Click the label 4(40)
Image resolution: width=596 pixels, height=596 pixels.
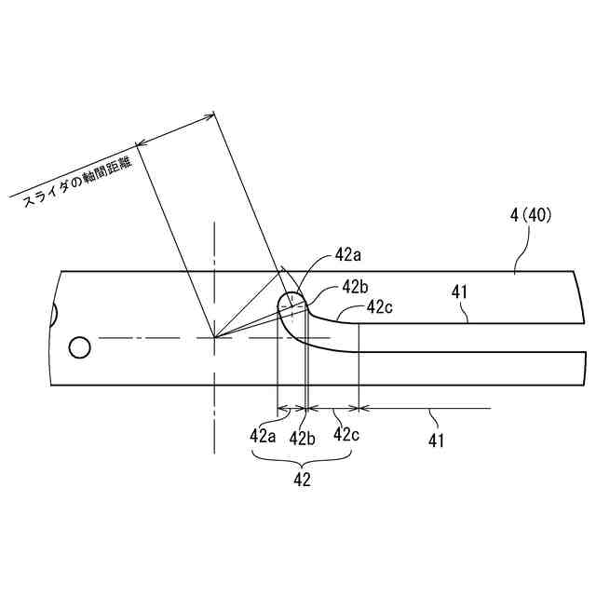click(532, 214)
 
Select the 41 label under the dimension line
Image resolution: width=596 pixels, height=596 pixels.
click(435, 440)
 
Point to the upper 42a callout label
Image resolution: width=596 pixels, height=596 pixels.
click(350, 254)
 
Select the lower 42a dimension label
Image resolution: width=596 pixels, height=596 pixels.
click(264, 435)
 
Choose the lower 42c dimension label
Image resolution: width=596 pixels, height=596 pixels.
click(345, 434)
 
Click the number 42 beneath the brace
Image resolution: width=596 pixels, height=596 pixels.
click(302, 480)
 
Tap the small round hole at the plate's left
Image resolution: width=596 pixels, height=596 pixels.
click(79, 348)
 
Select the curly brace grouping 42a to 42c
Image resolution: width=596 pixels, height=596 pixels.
click(302, 458)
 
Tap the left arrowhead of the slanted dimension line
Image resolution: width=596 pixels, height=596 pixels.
click(140, 144)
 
